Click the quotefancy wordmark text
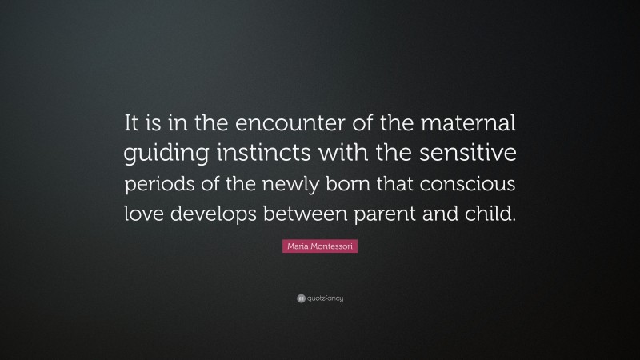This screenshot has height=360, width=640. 325,298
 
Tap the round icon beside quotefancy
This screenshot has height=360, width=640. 300,298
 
